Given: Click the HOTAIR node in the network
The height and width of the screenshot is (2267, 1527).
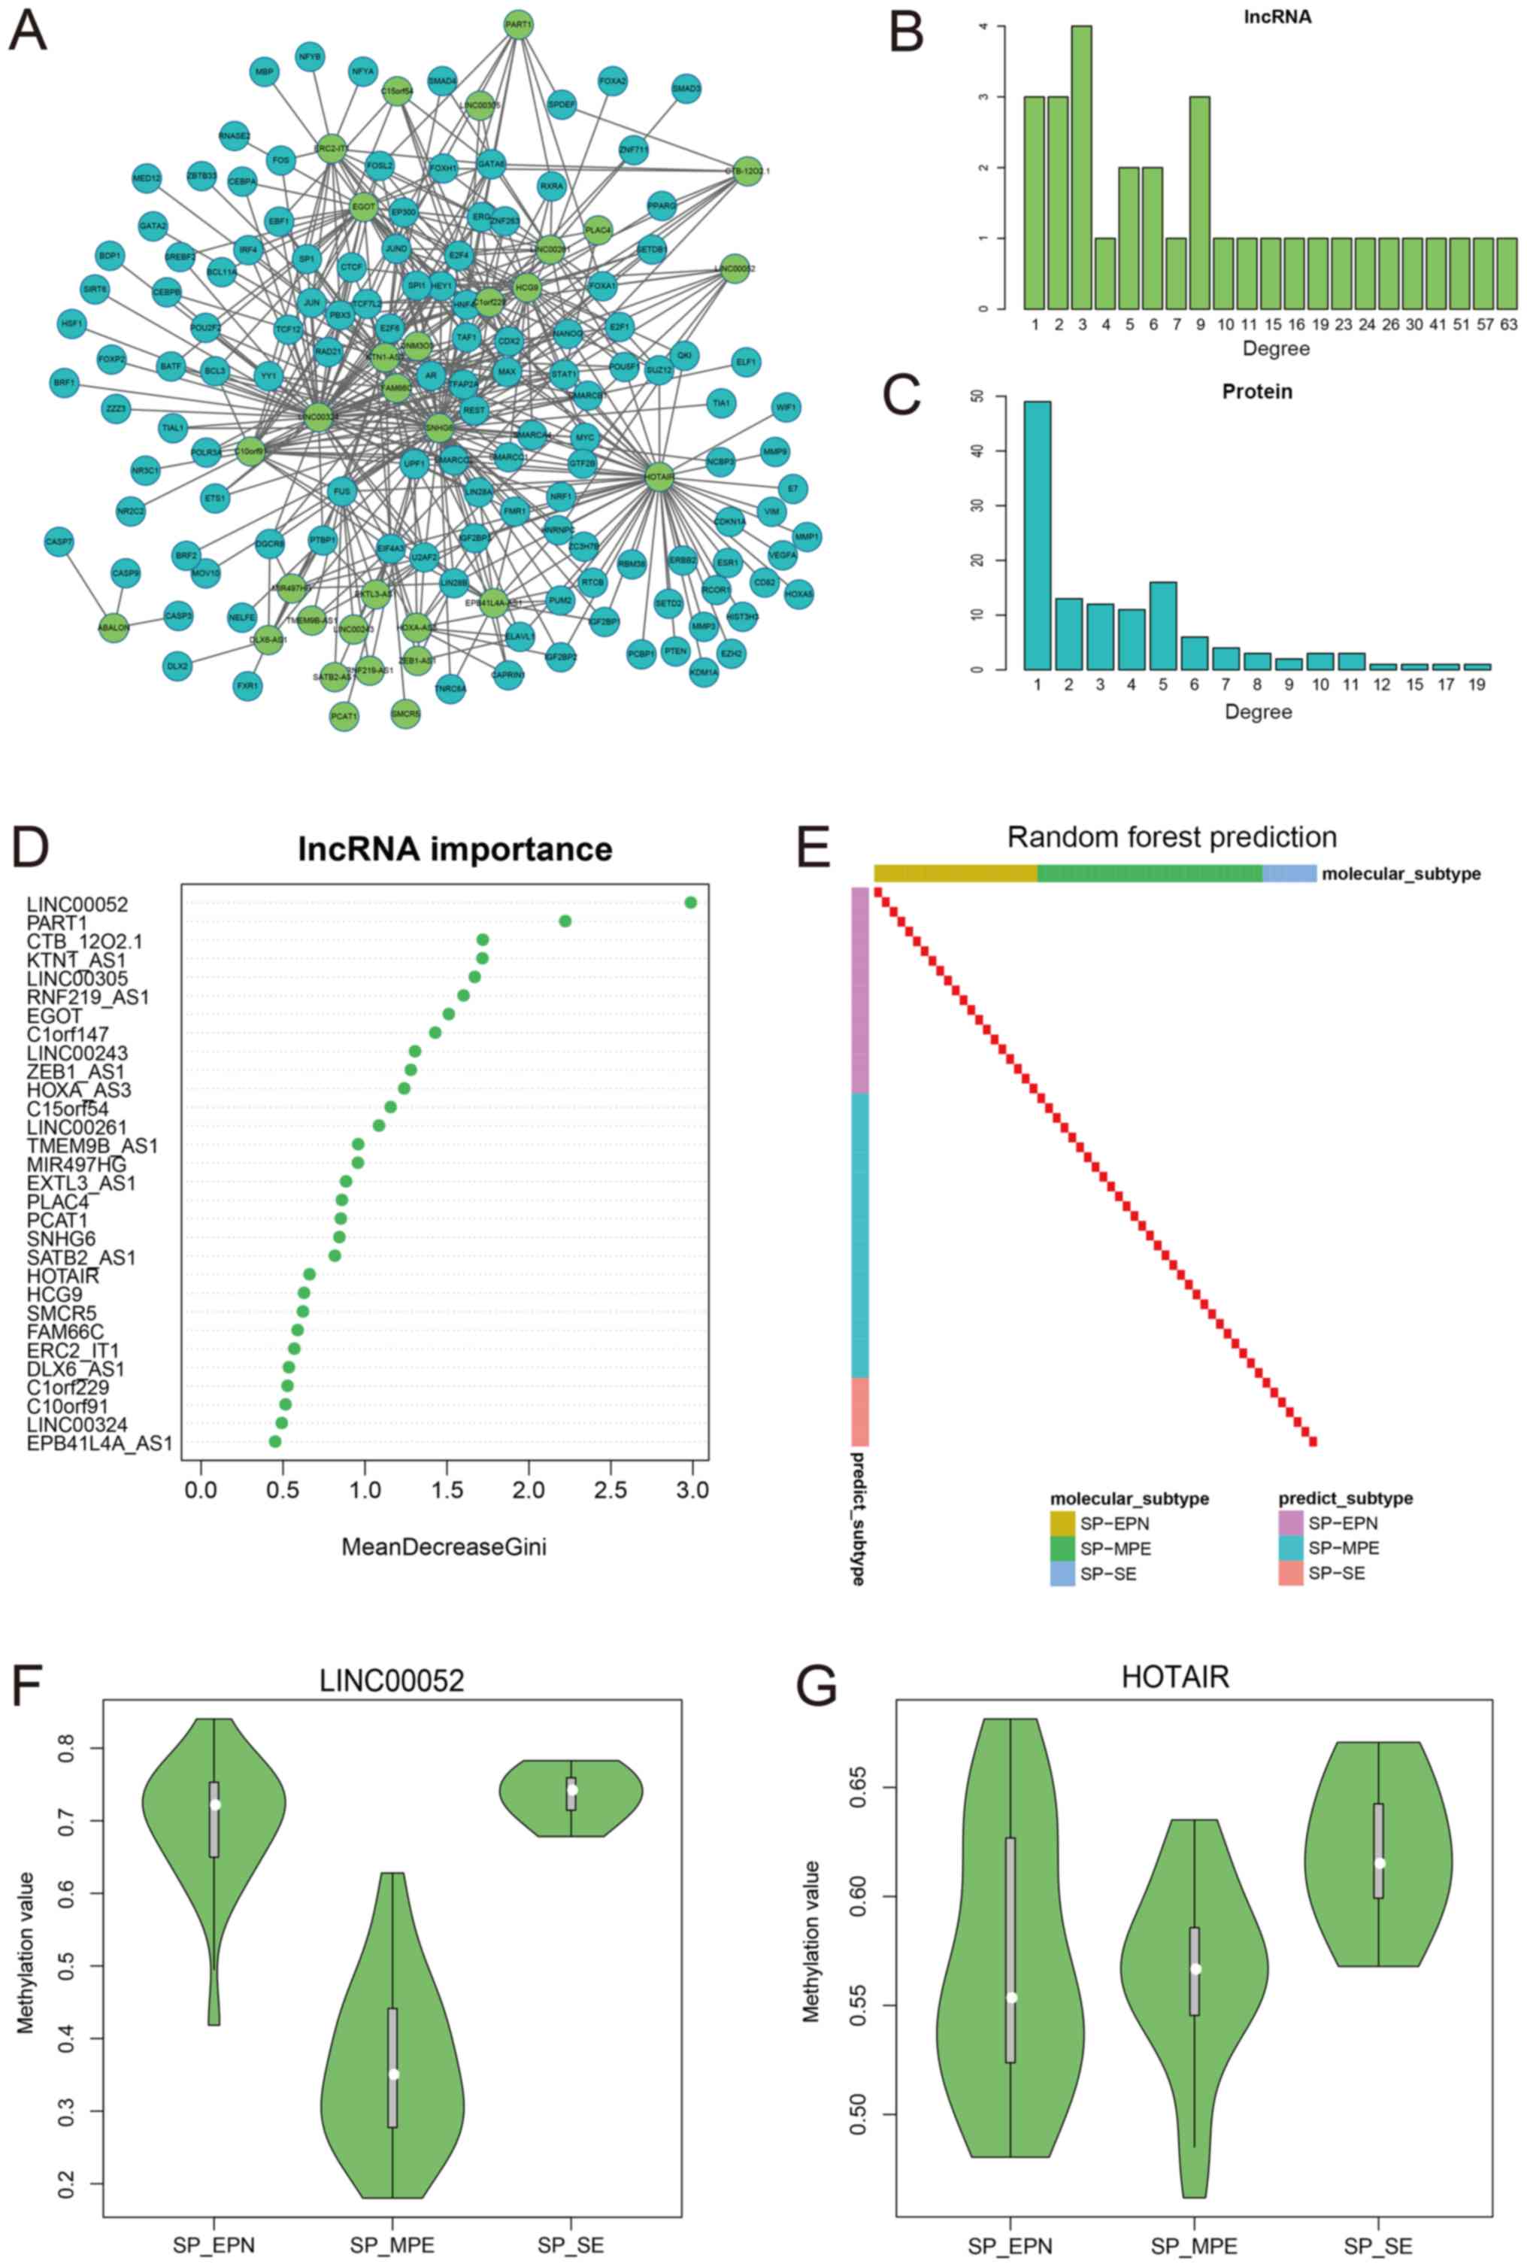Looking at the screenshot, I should point(659,476).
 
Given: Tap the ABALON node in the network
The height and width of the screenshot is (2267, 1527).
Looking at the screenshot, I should point(114,627).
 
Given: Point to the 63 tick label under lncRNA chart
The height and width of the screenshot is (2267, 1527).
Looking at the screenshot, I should point(1507,323).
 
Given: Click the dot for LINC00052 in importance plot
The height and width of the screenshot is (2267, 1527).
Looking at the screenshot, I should point(690,902).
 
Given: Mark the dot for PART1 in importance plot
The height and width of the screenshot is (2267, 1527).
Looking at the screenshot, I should point(565,921).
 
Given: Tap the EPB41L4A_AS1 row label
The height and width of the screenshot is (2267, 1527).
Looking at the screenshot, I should point(99,1443).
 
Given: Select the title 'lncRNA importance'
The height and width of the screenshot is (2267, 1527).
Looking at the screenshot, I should point(455,848).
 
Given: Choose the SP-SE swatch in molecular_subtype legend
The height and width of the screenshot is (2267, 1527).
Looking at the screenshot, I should point(1062,1574).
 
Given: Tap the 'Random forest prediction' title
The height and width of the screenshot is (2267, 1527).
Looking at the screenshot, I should point(1171,837).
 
